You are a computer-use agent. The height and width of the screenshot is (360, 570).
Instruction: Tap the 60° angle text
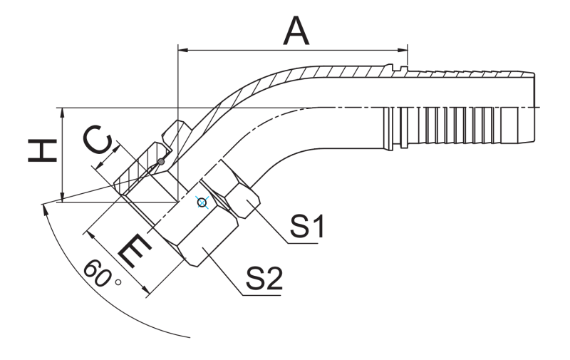[x=100, y=274]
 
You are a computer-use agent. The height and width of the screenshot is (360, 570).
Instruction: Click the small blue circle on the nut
[x=202, y=203]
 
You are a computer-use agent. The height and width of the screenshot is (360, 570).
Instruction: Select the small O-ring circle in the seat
[x=162, y=163]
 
